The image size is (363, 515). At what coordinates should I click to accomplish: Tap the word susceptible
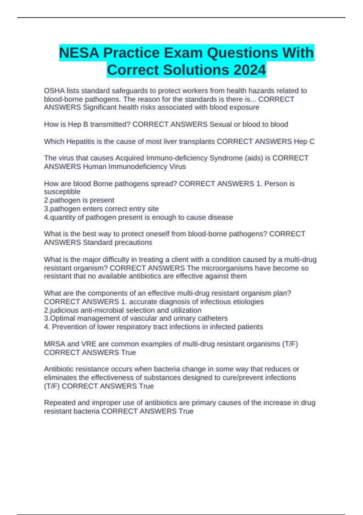pyautogui.click(x=62, y=192)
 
